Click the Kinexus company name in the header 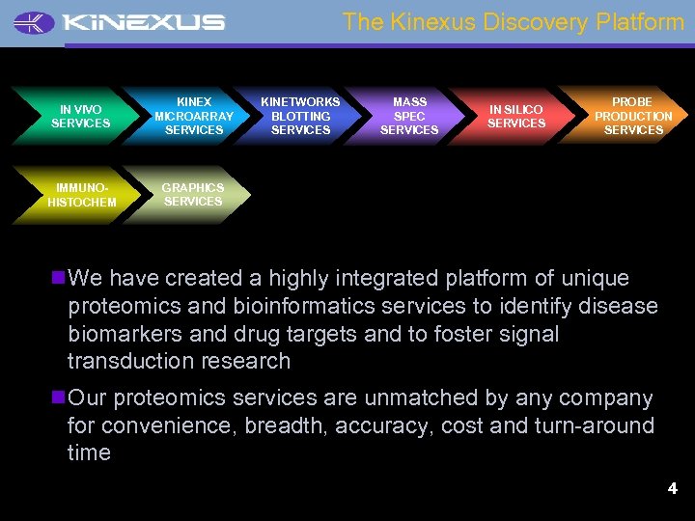[141, 22]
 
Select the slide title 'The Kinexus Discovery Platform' [513, 21]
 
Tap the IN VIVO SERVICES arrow [80, 117]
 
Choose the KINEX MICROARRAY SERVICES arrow [193, 116]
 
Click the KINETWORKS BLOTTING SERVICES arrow [300, 116]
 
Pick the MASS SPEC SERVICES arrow [409, 116]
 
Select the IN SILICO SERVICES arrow [515, 117]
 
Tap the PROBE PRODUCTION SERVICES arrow [632, 116]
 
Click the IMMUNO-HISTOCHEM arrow [80, 196]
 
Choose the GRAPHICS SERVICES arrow [192, 195]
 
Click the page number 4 [672, 489]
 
